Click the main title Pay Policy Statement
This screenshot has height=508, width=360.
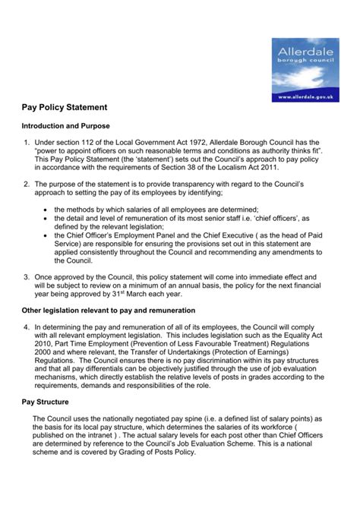tap(74, 108)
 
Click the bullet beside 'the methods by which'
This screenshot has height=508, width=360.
tap(47, 210)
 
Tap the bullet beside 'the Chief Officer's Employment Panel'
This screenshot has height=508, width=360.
tap(47, 235)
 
